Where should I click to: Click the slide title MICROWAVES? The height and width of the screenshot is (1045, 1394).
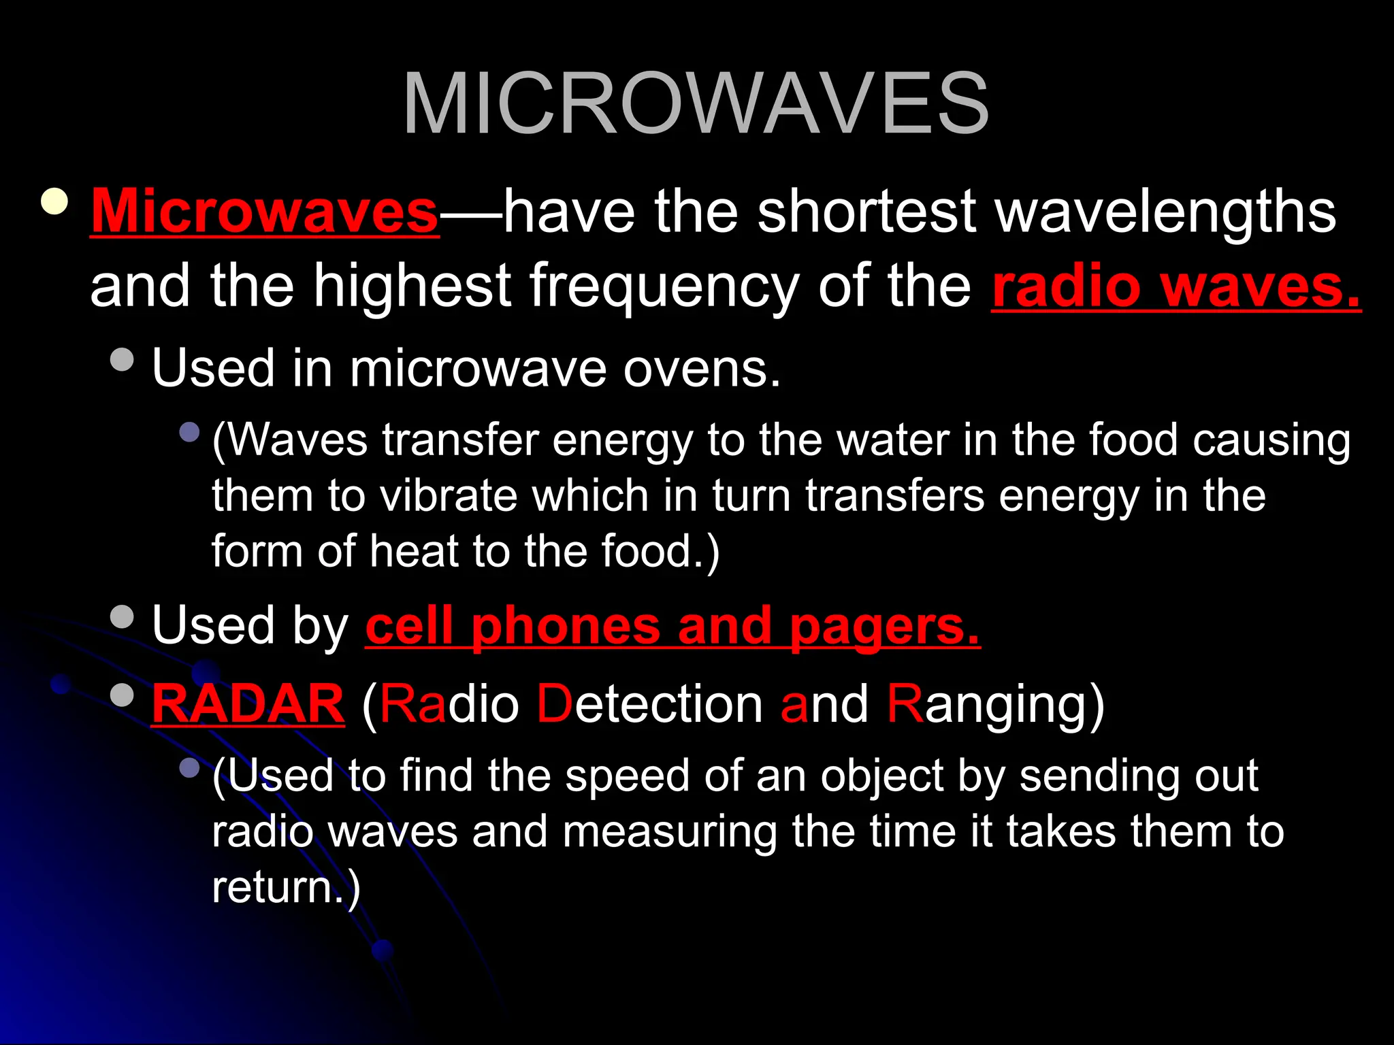click(696, 104)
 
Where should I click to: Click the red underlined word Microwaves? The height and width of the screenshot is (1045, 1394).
click(265, 212)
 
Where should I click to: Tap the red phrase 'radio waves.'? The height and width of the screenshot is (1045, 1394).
click(1176, 286)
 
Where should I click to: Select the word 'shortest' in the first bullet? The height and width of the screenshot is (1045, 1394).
click(866, 212)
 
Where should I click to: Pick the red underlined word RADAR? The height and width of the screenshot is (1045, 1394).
click(248, 703)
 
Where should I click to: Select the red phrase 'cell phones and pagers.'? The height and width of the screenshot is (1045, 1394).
click(672, 625)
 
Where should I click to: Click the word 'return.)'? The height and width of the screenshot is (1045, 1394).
click(286, 887)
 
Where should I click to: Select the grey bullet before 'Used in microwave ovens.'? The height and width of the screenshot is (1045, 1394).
click(122, 359)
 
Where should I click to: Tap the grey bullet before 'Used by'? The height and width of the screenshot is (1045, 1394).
click(122, 616)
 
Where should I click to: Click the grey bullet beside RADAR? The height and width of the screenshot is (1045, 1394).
click(122, 695)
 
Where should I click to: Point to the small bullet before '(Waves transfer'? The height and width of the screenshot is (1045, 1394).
click(189, 431)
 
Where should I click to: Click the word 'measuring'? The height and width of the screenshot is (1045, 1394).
click(669, 831)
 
